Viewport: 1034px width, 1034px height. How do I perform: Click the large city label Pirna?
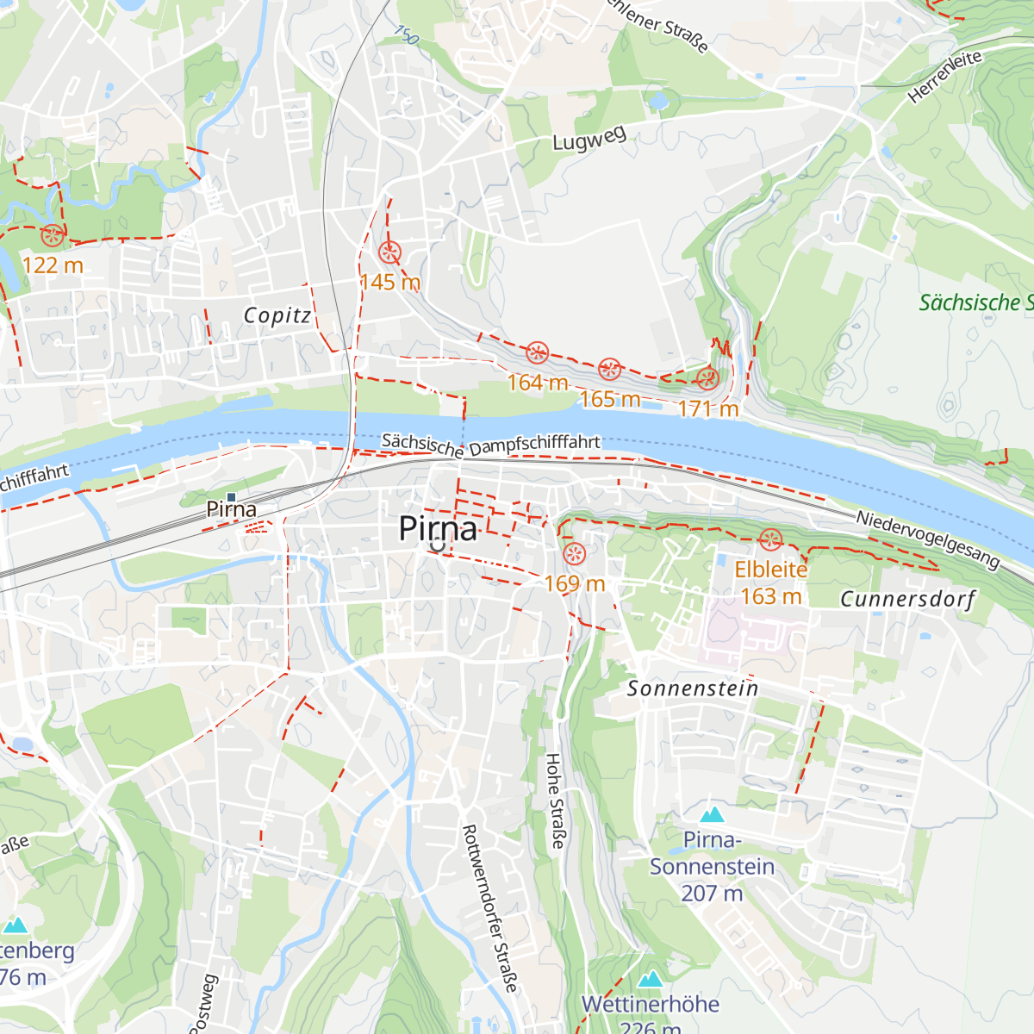click(x=438, y=529)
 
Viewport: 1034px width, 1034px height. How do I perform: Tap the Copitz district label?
click(x=277, y=315)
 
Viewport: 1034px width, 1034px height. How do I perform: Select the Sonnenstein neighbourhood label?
click(x=693, y=688)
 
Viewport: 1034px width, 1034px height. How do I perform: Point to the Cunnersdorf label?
click(x=907, y=599)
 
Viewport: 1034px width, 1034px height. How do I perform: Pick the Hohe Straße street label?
click(x=554, y=800)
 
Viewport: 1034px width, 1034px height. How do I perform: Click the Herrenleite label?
click(x=945, y=77)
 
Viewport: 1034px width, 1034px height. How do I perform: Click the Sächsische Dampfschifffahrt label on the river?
click(x=491, y=445)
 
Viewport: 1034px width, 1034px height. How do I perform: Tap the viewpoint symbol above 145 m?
click(x=389, y=252)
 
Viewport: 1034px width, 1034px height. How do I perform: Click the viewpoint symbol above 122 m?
click(x=53, y=234)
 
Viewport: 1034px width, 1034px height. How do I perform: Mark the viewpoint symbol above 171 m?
click(x=707, y=378)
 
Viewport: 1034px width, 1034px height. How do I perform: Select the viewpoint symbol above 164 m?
click(x=537, y=352)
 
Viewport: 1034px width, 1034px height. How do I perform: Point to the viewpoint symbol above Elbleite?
click(x=770, y=540)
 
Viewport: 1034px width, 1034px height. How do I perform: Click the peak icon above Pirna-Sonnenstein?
click(x=712, y=814)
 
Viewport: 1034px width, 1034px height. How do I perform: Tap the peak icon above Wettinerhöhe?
click(x=651, y=979)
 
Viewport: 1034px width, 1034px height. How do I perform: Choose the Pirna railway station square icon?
click(x=231, y=496)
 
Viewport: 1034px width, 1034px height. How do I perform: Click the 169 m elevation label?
click(x=575, y=584)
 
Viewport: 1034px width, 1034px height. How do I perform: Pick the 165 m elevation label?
click(x=610, y=399)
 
